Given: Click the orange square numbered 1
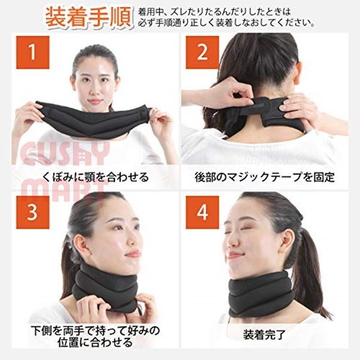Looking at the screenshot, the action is point(32,52).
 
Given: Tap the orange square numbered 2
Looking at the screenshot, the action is point(202,52).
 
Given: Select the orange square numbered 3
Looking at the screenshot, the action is point(32,212).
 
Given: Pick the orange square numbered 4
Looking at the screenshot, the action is point(202,212).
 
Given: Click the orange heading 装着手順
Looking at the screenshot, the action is point(89,17).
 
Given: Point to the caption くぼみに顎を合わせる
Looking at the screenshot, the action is point(95,177).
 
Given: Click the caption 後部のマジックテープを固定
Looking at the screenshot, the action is point(265,177).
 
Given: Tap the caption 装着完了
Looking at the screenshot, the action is point(264,335).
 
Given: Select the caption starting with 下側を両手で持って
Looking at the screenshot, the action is point(95,336).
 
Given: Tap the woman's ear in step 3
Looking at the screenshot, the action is point(80,245).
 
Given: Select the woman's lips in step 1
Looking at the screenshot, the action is point(95,101).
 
